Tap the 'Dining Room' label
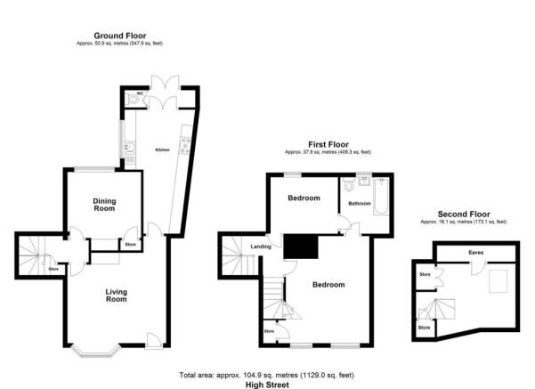tap(105, 204)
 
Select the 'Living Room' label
tap(116, 297)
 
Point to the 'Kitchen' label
tap(163, 150)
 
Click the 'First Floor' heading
tap(329, 144)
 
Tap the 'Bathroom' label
tap(359, 204)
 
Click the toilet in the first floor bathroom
tap(351, 187)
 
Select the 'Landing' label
tap(261, 247)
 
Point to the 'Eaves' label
tap(464, 252)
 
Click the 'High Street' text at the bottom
tap(267, 384)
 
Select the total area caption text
tap(267, 375)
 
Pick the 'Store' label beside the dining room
tap(130, 244)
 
